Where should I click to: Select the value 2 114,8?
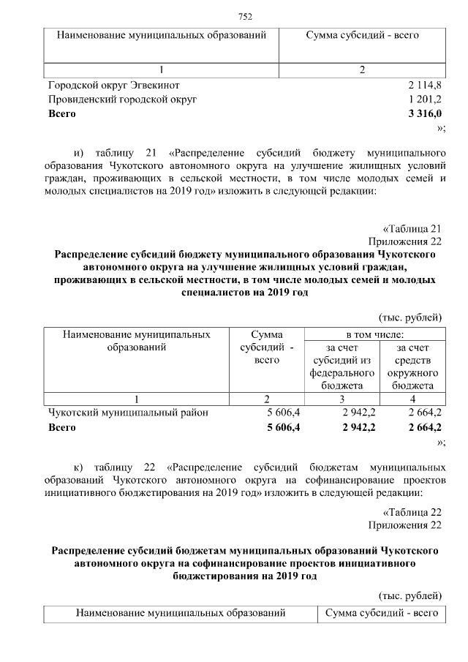tap(426, 85)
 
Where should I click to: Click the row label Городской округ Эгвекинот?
tap(110, 85)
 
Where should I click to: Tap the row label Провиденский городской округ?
tap(122, 99)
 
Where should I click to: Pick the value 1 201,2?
tap(426, 99)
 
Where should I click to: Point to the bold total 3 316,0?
tap(426, 114)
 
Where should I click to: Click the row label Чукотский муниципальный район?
tap(128, 413)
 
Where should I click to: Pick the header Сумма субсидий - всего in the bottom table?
tap(381, 612)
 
